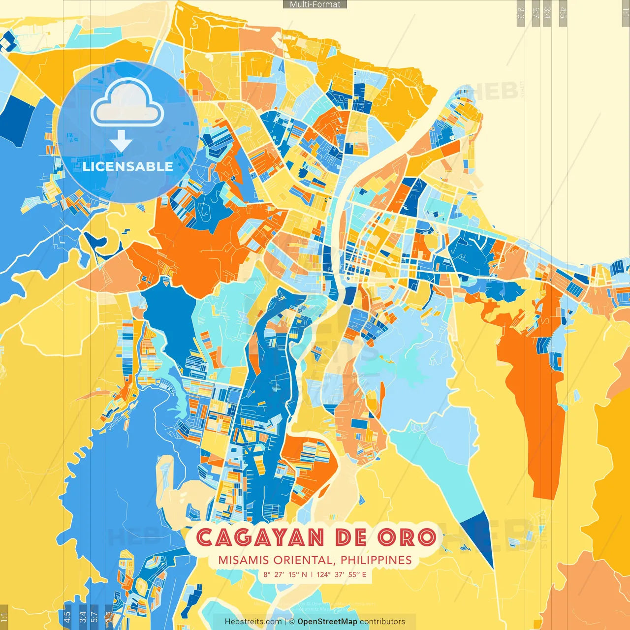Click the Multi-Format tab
click(315, 4)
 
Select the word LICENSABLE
click(128, 166)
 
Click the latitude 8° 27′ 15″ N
click(285, 574)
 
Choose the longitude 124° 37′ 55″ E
click(341, 574)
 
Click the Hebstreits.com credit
click(253, 622)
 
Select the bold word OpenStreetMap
click(327, 622)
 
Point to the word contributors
click(382, 622)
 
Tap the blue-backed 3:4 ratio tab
click(83, 616)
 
